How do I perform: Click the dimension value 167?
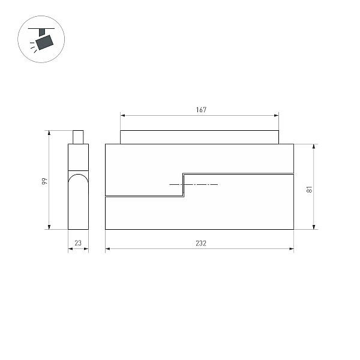(201, 110)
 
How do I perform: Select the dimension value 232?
(201, 243)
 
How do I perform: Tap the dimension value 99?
(44, 181)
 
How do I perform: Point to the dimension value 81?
(310, 189)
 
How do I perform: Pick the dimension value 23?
(78, 243)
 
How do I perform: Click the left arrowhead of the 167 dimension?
(122, 115)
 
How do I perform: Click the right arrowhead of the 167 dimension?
(277, 115)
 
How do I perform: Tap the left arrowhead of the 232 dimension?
(107, 248)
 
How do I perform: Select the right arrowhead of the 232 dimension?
(292, 248)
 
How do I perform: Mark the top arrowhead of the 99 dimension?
(49, 133)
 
